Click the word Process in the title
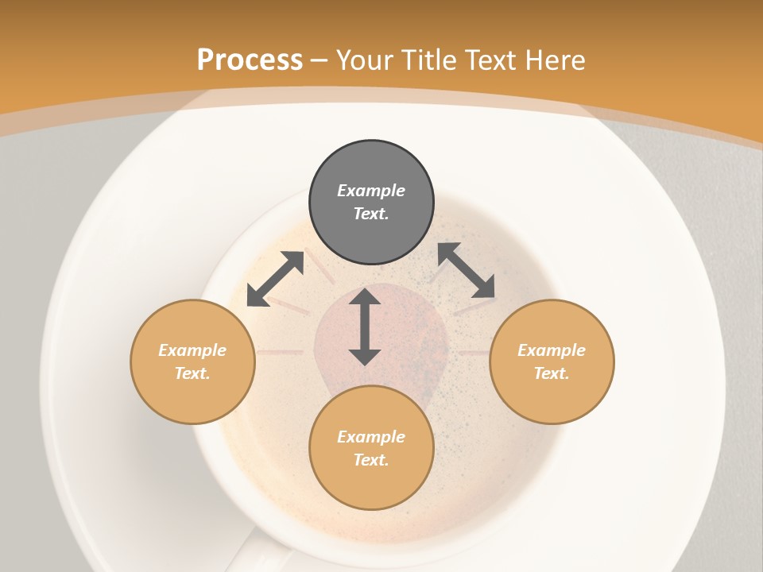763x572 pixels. (250, 60)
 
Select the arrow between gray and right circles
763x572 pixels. (467, 270)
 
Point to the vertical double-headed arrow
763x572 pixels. (365, 327)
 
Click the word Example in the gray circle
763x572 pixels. (371, 191)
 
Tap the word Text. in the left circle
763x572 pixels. (192, 373)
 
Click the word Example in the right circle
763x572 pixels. (552, 350)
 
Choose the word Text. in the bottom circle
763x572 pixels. (371, 460)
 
